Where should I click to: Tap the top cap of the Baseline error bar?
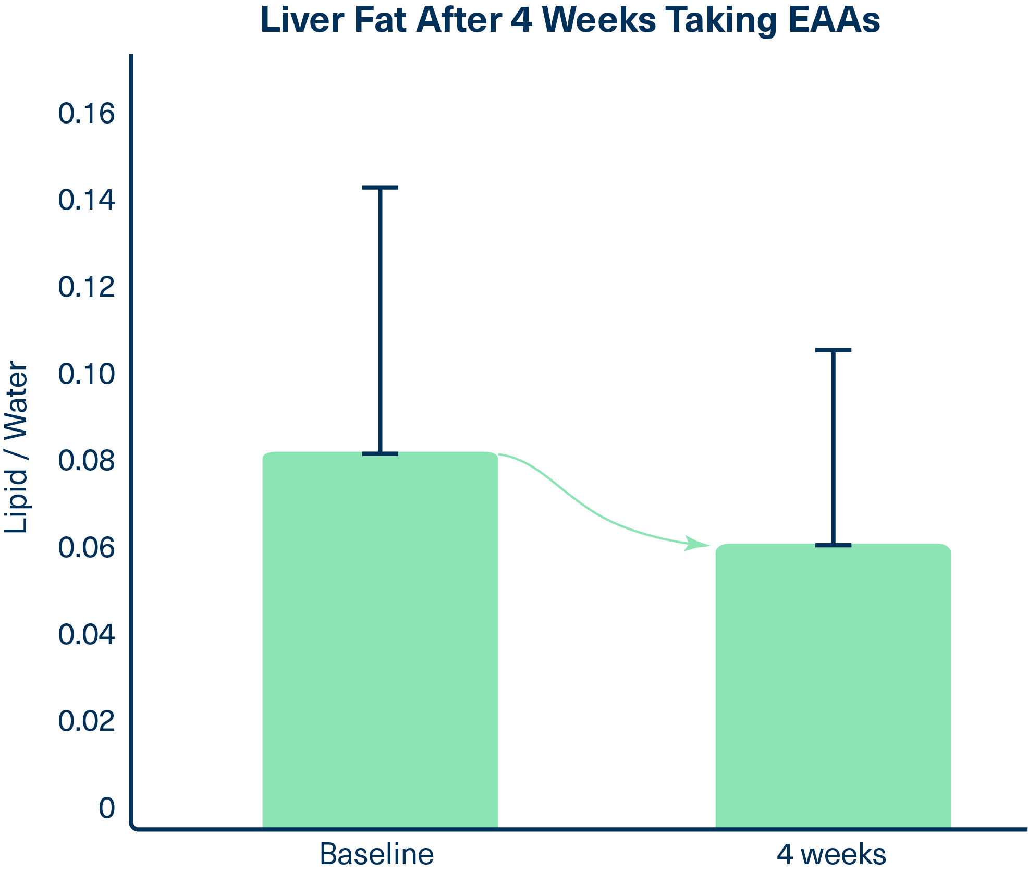380,188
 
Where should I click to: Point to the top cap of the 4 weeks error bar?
833,350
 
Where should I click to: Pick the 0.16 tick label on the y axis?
86,114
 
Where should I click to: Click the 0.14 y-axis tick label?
86,200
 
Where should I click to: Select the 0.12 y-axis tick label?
86,287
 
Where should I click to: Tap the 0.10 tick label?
86,374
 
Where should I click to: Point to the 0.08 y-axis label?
86,461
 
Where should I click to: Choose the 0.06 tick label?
86,548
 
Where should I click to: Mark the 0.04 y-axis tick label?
86,635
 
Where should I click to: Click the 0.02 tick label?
86,721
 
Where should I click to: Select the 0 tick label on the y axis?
107,808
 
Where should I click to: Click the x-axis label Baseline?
376,854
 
